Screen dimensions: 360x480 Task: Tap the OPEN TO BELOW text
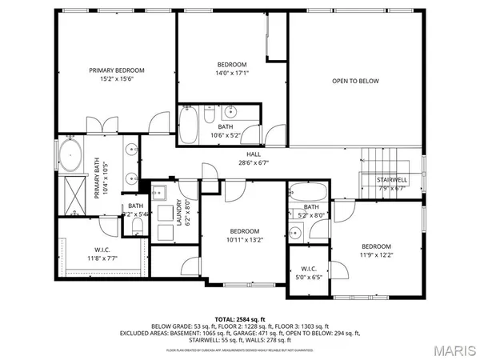[x=356, y=81]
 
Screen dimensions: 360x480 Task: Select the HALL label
[x=254, y=154]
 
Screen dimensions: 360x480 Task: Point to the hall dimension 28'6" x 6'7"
[x=254, y=162]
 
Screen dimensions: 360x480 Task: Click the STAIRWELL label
[x=393, y=180]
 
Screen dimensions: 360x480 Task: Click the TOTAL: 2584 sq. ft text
[x=240, y=318]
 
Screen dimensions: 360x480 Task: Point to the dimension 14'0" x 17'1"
[x=232, y=73]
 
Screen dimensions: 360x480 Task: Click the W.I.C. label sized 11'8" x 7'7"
[x=102, y=250]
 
